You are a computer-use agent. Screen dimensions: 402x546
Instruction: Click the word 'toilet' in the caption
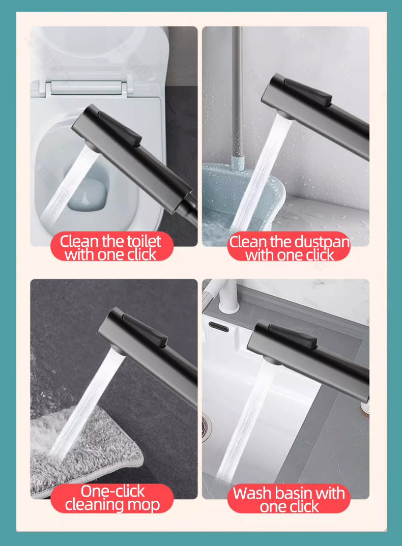tap(144, 241)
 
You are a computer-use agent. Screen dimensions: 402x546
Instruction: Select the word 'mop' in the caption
tap(143, 505)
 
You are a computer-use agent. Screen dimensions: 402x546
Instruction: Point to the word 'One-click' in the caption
tap(112, 491)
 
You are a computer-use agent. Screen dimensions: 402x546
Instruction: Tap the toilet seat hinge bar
tap(87, 88)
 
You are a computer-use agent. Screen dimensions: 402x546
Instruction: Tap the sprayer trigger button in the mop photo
tap(144, 329)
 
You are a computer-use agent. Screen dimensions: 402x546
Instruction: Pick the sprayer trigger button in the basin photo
tap(293, 335)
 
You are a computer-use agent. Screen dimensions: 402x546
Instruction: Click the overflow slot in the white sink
tap(219, 327)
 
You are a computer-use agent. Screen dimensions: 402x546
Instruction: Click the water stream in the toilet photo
tap(68, 183)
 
